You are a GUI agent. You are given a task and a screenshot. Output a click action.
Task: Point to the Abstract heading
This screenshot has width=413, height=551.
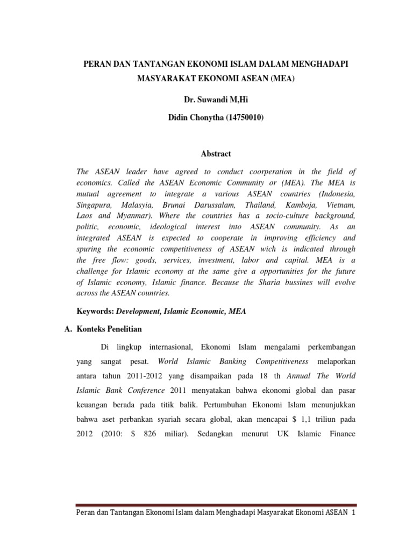click(216, 153)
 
